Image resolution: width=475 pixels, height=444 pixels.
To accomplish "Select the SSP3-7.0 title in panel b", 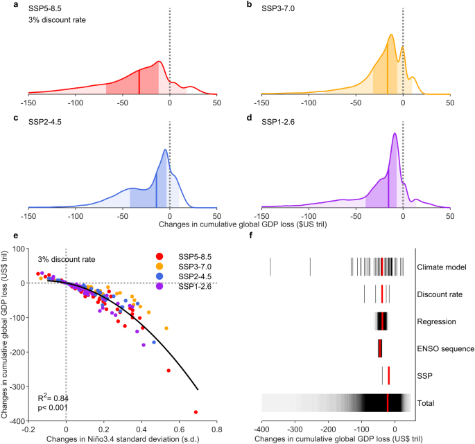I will [277, 5].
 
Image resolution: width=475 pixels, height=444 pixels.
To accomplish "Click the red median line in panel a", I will [139, 82].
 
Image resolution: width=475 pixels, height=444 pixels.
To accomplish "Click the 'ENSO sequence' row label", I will [446, 348].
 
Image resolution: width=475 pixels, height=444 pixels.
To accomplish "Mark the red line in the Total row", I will [388, 403].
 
